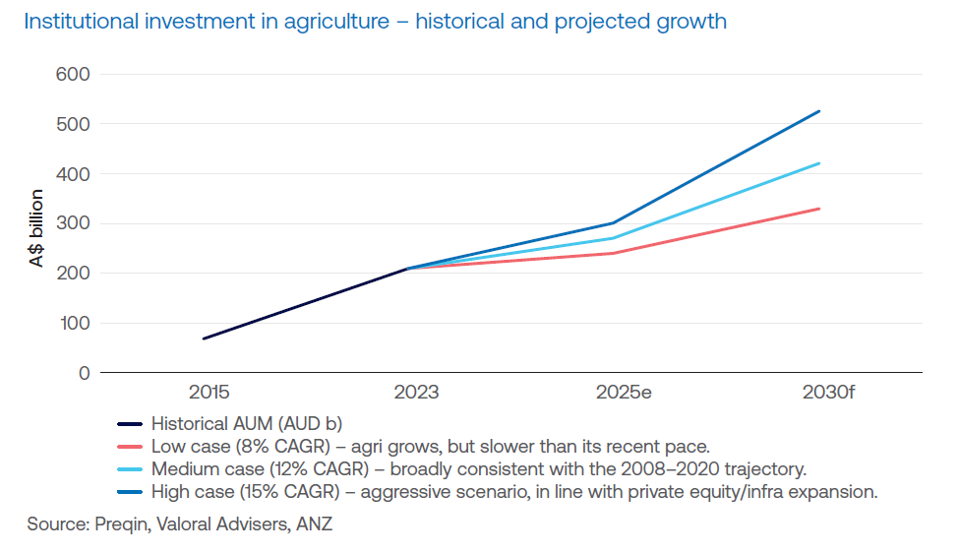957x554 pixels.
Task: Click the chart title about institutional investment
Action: click(375, 21)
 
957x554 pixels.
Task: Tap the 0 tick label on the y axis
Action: click(85, 373)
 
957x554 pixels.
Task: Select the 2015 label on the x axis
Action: click(209, 393)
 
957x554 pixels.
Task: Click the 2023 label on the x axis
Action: click(416, 393)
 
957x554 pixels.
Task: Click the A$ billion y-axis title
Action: click(35, 228)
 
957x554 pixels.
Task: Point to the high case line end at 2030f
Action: click(819, 111)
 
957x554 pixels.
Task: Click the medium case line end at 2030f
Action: click(819, 163)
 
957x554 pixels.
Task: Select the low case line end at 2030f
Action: click(819, 209)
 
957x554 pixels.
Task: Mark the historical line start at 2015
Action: click(204, 339)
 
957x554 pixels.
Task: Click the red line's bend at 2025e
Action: click(613, 253)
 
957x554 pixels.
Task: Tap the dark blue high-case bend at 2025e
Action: click(613, 222)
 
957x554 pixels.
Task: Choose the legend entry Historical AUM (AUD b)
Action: click(246, 425)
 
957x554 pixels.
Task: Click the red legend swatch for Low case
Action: click(130, 448)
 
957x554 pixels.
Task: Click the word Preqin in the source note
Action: click(121, 524)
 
